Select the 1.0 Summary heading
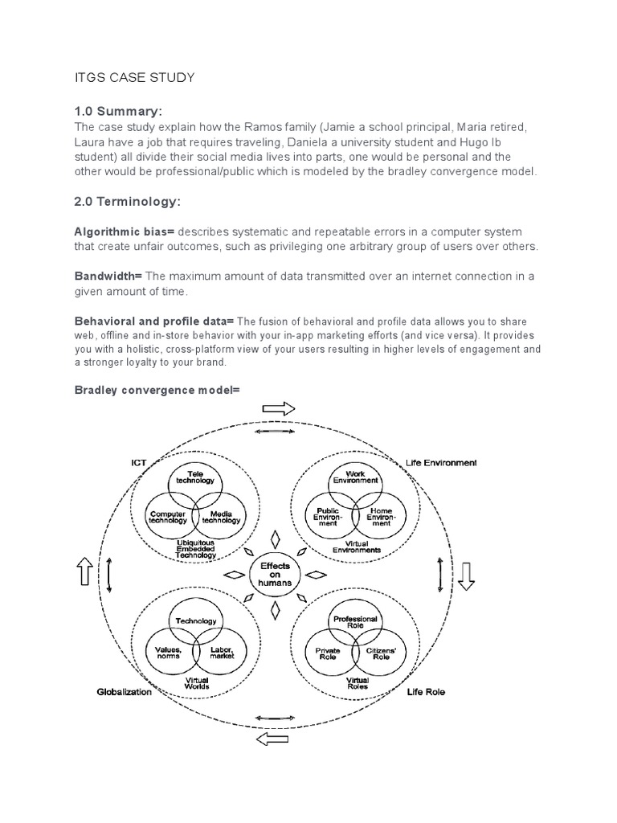coord(123,111)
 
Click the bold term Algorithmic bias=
coord(118,231)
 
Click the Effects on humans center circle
coord(275,575)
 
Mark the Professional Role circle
coord(355,622)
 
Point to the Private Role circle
coord(329,654)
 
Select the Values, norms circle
coord(167,654)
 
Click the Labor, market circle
coord(222,654)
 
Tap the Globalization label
coord(124,692)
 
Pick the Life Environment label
coord(442,463)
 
